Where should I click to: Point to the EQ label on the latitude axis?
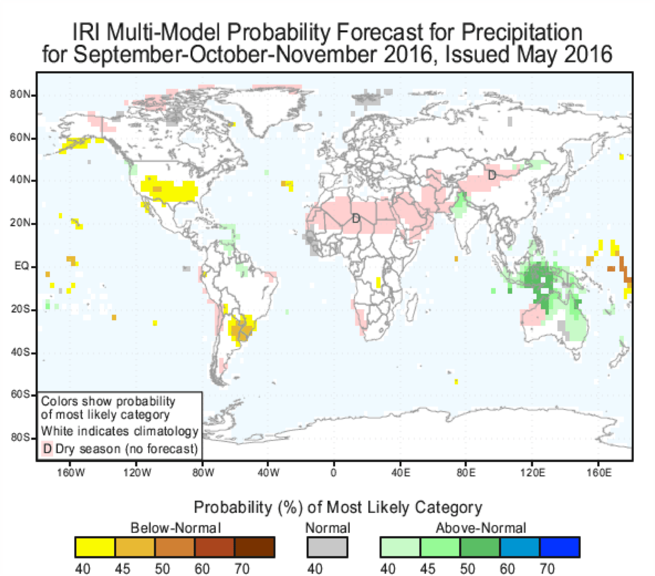(x=22, y=266)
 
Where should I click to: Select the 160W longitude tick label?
(x=71, y=473)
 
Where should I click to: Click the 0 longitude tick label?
(x=333, y=473)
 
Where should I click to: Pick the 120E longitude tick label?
(x=532, y=473)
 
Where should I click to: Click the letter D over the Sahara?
(x=356, y=218)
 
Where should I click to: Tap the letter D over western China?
(x=492, y=175)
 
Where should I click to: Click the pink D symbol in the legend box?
(x=47, y=449)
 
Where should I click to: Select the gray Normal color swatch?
(x=327, y=547)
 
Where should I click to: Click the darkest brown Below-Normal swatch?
(x=254, y=547)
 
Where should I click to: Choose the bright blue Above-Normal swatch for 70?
(x=559, y=547)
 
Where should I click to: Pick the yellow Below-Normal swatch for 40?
(x=95, y=547)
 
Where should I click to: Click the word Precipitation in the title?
(x=521, y=33)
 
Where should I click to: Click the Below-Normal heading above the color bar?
(x=175, y=528)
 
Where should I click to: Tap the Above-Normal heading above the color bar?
(x=480, y=528)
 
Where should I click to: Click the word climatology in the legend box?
(x=166, y=431)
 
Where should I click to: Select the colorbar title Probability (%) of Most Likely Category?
(x=338, y=507)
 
